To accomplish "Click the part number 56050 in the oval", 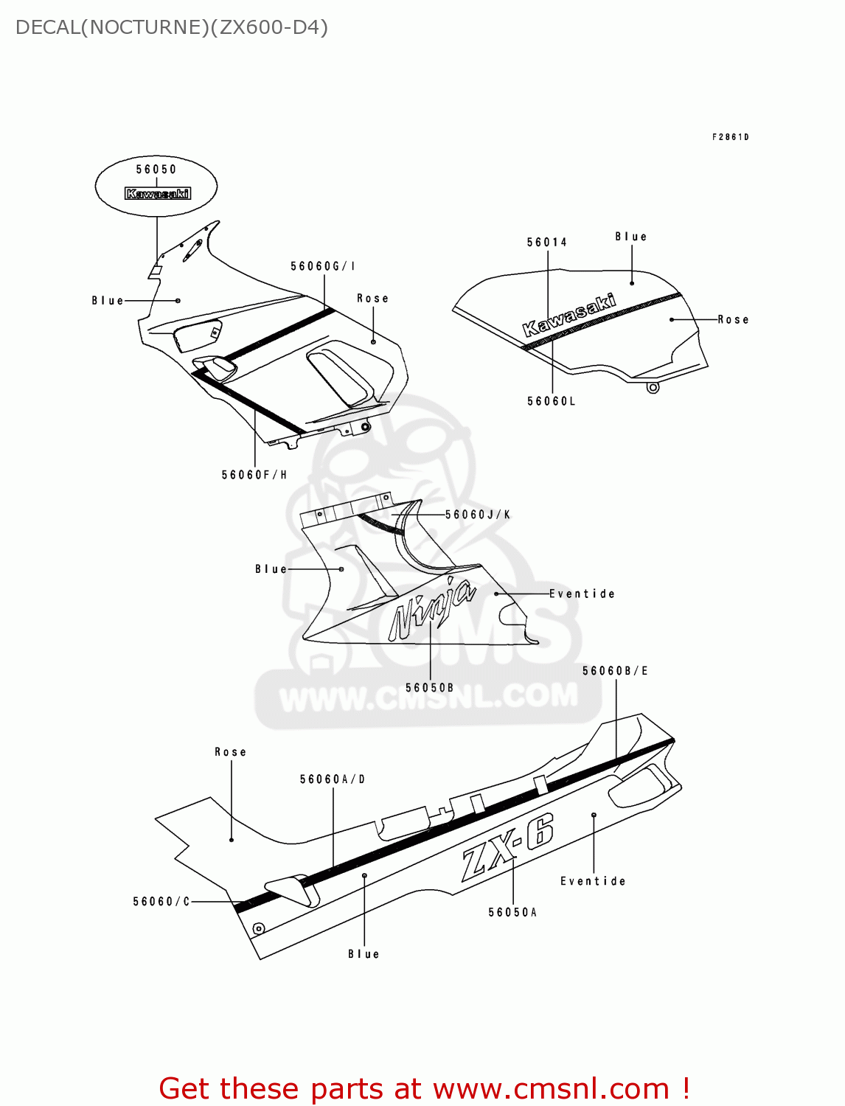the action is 156,170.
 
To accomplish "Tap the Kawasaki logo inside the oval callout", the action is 158,194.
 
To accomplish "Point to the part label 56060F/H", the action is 254,475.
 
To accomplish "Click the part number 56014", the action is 547,243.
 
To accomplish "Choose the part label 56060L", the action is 551,401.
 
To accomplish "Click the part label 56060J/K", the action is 478,515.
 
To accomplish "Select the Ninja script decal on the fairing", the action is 431,608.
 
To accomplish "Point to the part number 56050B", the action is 430,688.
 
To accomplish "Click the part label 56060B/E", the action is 615,671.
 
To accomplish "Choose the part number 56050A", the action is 512,913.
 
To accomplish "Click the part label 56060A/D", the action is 333,779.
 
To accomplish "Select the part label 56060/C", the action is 161,902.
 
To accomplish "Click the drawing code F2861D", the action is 730,137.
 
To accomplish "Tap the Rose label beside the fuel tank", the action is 733,320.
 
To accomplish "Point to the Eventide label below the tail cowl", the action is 593,881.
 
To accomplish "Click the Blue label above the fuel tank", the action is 631,237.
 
